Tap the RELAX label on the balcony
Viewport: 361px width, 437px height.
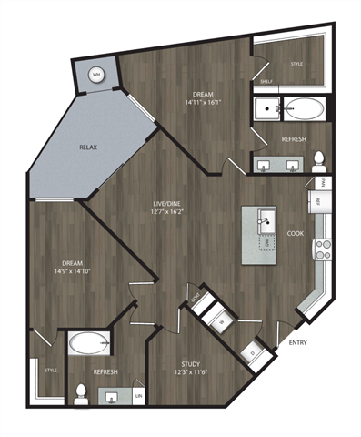coord(87,147)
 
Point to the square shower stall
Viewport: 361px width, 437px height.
coord(267,110)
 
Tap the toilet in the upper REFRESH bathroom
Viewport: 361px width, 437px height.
coord(319,162)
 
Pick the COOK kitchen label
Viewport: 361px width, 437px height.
coord(296,232)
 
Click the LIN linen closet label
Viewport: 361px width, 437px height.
coord(139,396)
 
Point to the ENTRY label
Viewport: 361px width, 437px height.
coord(296,343)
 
